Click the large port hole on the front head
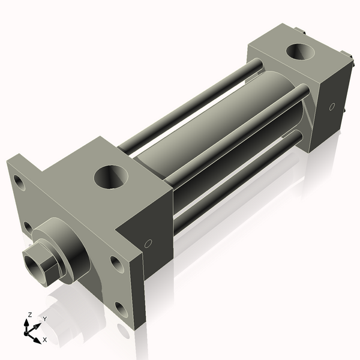111,177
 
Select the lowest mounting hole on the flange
122,310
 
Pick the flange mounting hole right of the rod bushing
115,263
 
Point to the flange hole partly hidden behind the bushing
28,227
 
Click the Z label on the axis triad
30,314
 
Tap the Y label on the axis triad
44,319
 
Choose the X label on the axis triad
44,340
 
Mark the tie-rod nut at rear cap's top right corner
347,53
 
